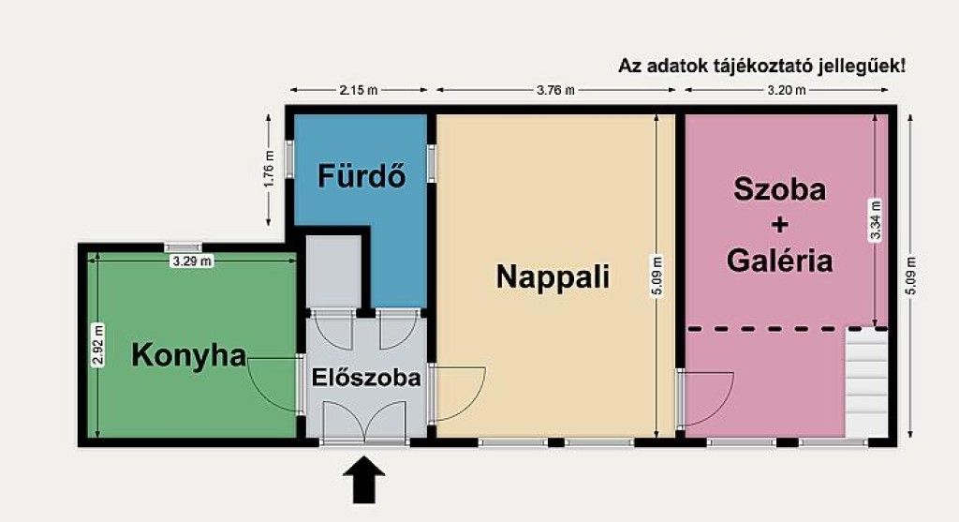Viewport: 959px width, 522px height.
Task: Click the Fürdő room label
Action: pyautogui.click(x=361, y=175)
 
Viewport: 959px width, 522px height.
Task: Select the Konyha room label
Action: pyautogui.click(x=189, y=355)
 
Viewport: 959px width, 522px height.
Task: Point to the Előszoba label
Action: pyautogui.click(x=366, y=378)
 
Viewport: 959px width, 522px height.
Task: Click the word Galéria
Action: pyautogui.click(x=779, y=261)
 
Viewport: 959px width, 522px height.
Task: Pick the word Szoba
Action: pyautogui.click(x=779, y=189)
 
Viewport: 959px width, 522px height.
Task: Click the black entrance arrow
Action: pyautogui.click(x=364, y=479)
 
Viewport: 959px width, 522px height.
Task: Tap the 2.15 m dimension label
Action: pyautogui.click(x=359, y=90)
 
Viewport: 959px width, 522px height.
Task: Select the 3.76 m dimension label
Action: pyautogui.click(x=555, y=90)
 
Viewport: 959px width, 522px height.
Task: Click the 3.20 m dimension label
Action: pyautogui.click(x=787, y=90)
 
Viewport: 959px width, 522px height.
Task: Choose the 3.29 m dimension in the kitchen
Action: pyautogui.click(x=192, y=261)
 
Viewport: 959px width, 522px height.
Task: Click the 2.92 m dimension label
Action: pyautogui.click(x=97, y=345)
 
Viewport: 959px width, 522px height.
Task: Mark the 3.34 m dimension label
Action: pyautogui.click(x=876, y=220)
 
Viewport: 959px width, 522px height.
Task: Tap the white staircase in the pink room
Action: pyautogui.click(x=866, y=382)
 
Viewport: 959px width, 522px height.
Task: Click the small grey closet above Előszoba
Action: pyautogui.click(x=333, y=271)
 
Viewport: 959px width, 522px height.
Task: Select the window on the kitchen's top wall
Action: pyautogui.click(x=183, y=247)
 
